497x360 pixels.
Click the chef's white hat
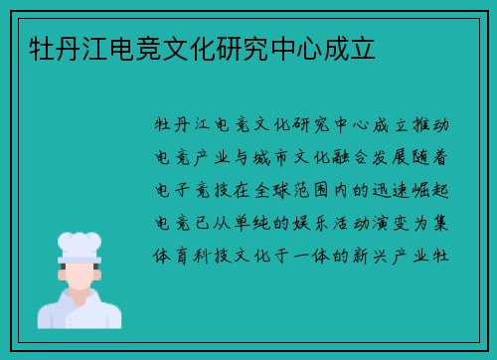(x=79, y=247)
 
